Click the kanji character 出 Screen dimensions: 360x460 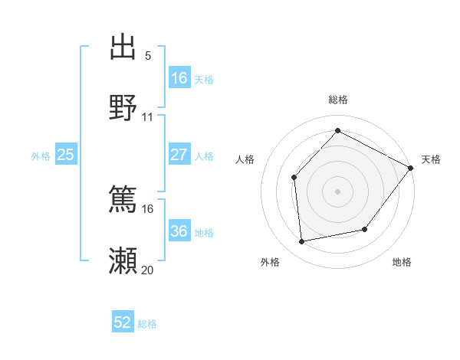[123, 48]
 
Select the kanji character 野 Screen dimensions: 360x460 [123, 108]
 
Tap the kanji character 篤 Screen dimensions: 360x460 [123, 201]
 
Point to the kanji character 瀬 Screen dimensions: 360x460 [123, 261]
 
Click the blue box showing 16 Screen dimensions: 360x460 [179, 77]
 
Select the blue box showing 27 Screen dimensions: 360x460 [179, 155]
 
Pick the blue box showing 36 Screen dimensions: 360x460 [179, 231]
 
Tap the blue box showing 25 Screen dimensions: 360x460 [66, 155]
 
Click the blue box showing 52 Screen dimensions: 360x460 [123, 322]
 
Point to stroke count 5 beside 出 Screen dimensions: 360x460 [148, 56]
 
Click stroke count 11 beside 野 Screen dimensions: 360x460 [148, 117]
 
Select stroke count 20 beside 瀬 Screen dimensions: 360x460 [147, 270]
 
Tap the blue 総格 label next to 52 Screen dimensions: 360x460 [147, 324]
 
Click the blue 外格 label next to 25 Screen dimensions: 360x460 [41, 156]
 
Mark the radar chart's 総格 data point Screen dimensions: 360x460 [337, 131]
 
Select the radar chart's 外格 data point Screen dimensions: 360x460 [302, 242]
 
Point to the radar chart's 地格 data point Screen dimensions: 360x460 [365, 229]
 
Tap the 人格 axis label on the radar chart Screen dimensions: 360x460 [245, 159]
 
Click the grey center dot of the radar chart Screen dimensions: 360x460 [337, 191]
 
